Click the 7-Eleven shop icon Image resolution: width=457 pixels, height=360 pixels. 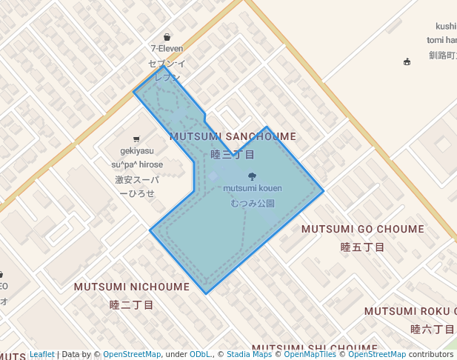pos(167,37)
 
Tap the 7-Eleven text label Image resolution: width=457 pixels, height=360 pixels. pos(167,49)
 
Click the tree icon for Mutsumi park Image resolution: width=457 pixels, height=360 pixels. pos(252,176)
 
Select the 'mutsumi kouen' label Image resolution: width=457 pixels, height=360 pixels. pos(253,188)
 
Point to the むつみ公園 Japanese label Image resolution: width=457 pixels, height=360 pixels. pos(253,203)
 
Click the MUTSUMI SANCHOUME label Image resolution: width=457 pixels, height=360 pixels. pos(233,137)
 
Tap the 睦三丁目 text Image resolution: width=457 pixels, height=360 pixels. pos(233,154)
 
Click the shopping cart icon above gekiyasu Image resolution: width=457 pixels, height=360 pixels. pos(136,139)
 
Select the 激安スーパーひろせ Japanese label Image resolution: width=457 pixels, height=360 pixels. pos(136,186)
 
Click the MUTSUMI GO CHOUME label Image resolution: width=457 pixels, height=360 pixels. pos(363,230)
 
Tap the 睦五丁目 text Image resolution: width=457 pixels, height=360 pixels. pos(362,247)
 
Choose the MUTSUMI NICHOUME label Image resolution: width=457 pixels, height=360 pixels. pos(132,287)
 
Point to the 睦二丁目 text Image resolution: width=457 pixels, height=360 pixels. pos(131,304)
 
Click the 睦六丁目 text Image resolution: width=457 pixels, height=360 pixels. pos(432,328)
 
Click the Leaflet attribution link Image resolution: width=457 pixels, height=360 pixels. pos(41,354)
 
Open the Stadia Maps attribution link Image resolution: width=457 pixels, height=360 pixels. pos(249,354)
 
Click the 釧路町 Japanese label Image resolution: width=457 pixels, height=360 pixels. pos(442,55)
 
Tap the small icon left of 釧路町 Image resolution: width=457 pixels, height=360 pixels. pos(407,61)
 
